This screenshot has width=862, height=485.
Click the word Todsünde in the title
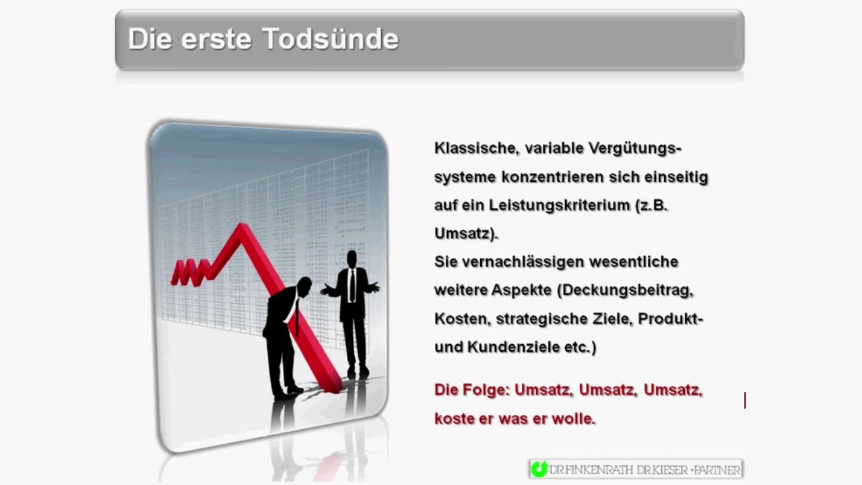pyautogui.click(x=331, y=39)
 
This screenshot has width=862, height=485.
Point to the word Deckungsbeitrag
pyautogui.click(x=628, y=290)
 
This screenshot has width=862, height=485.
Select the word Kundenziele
pyautogui.click(x=519, y=348)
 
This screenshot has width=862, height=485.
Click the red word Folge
pyautogui.click(x=487, y=390)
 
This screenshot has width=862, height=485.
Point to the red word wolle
pyautogui.click(x=573, y=419)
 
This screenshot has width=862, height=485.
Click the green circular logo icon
pyautogui.click(x=539, y=470)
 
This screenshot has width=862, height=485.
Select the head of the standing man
pyautogui.click(x=351, y=258)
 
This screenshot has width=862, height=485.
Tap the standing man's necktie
pyautogui.click(x=352, y=286)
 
